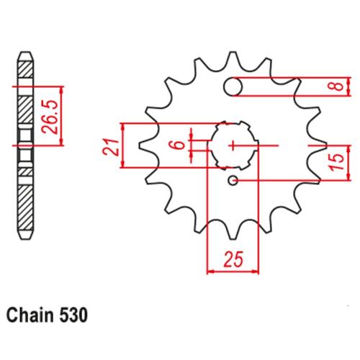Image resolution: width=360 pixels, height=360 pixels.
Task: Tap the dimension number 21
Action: (x=111, y=147)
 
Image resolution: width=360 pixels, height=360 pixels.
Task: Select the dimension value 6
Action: (x=180, y=145)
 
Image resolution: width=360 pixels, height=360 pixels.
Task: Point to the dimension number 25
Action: (x=233, y=259)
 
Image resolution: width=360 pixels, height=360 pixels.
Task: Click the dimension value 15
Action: (x=337, y=162)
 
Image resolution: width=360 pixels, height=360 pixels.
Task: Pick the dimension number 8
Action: (x=338, y=86)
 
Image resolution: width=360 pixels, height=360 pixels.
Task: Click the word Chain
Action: (x=30, y=315)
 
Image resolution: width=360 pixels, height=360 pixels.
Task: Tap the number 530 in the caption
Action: (x=73, y=315)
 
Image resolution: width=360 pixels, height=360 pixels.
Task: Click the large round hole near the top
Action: (x=233, y=86)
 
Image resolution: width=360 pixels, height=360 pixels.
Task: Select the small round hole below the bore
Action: (x=233, y=181)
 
